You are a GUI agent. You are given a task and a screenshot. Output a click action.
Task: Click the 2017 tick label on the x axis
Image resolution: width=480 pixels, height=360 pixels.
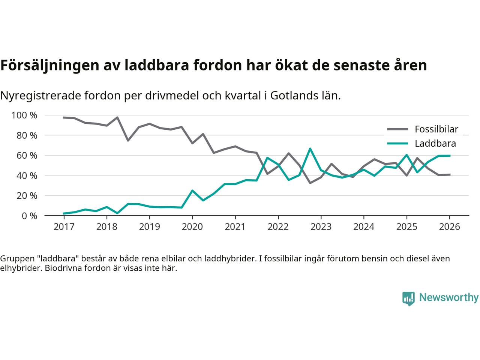pyautogui.click(x=64, y=227)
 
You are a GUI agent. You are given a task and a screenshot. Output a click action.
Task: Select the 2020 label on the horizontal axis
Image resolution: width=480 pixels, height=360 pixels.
pyautogui.click(x=192, y=227)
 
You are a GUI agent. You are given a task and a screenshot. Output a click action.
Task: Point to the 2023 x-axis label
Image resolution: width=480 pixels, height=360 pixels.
pyautogui.click(x=321, y=227)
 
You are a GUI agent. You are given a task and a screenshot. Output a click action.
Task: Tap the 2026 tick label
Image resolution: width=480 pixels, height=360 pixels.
pyautogui.click(x=449, y=227)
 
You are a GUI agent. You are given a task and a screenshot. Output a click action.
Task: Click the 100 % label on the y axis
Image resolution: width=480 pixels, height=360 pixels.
pyautogui.click(x=24, y=115)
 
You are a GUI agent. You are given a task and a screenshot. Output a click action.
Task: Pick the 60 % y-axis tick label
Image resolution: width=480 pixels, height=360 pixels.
pyautogui.click(x=27, y=155)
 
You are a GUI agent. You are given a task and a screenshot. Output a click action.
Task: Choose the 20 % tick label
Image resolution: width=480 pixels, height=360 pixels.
pyautogui.click(x=27, y=195)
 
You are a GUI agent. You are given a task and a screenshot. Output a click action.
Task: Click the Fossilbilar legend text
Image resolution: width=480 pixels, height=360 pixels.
pyautogui.click(x=436, y=129)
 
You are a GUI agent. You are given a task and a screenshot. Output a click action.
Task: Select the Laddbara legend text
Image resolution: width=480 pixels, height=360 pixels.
pyautogui.click(x=435, y=143)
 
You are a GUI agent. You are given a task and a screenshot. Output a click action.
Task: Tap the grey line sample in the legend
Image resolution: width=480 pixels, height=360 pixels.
pyautogui.click(x=397, y=129)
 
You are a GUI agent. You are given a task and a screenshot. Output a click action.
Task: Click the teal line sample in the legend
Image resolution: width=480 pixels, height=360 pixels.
pyautogui.click(x=397, y=143)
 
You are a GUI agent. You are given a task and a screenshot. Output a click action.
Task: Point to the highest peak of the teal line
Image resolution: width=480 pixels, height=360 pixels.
pyautogui.click(x=310, y=149)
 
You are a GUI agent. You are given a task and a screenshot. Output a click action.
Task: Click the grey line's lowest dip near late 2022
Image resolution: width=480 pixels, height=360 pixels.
pyautogui.click(x=310, y=183)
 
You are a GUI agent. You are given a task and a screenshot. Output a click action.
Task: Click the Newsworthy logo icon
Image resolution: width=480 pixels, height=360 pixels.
pyautogui.click(x=408, y=298)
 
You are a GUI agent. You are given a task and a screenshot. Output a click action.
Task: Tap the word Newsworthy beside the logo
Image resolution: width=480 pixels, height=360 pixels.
pyautogui.click(x=448, y=298)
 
